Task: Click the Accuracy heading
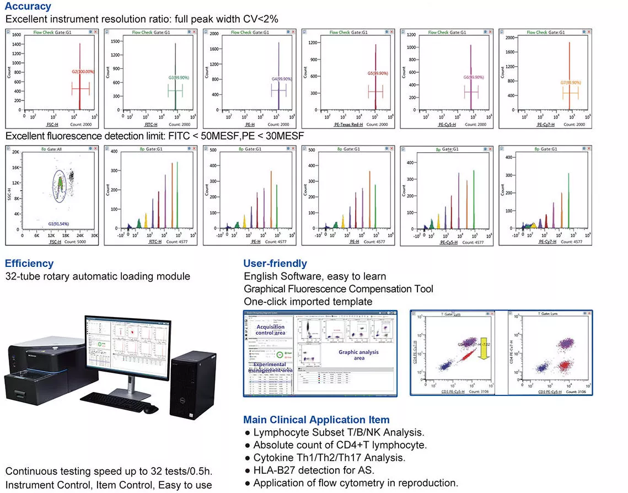(28, 7)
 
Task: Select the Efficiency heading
(29, 263)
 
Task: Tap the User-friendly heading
(275, 263)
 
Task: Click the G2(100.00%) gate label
(83, 72)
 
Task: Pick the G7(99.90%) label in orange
(571, 82)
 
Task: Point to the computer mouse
(150, 409)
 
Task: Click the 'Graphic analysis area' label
(359, 355)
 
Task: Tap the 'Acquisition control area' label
(271, 330)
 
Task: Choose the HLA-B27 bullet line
(314, 470)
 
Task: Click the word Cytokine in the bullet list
(272, 457)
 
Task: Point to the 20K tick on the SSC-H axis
(17, 152)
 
